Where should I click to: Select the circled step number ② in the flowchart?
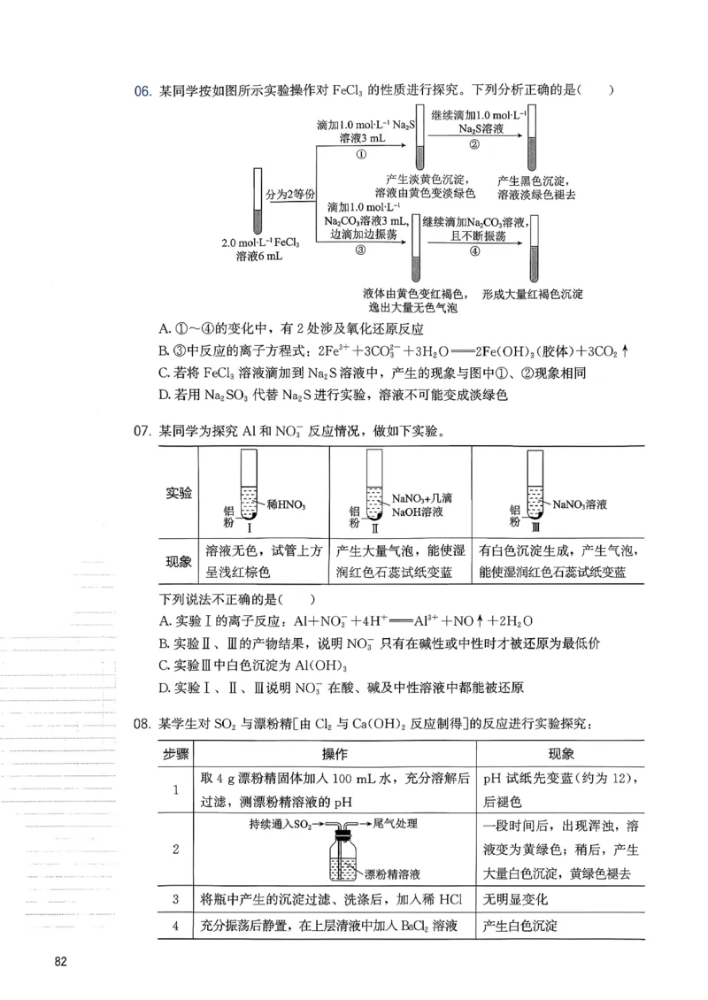[474, 145]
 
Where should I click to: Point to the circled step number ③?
[360, 250]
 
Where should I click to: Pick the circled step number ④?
[474, 250]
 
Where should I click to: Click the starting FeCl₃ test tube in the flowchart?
[258, 200]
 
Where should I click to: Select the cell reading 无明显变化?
[517, 899]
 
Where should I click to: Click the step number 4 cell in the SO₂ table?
[175, 927]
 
